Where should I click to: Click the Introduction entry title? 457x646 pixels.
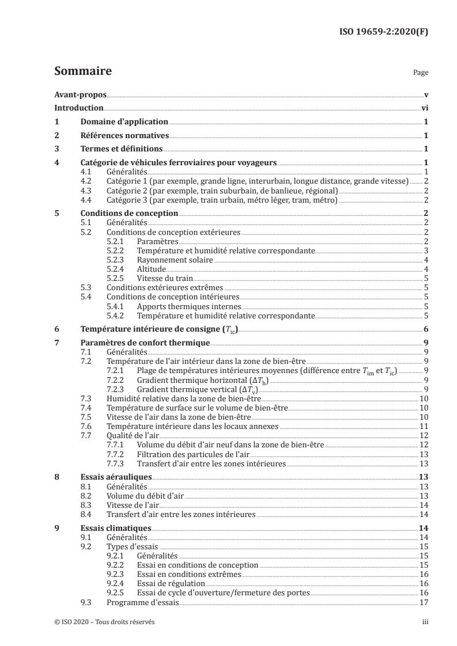click(x=79, y=108)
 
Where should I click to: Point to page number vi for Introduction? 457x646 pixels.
click(x=424, y=108)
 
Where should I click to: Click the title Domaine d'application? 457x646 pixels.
click(x=123, y=122)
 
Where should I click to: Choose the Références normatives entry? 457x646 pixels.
click(x=124, y=136)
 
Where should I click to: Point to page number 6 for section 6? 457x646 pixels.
click(x=425, y=329)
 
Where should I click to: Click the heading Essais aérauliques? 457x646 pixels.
click(x=116, y=477)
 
